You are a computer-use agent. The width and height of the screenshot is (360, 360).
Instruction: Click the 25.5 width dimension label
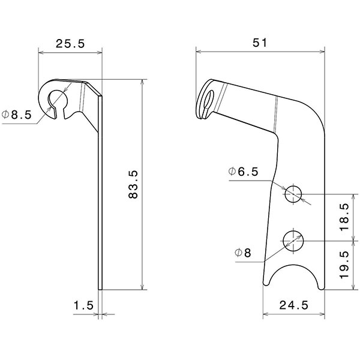tap(70, 43)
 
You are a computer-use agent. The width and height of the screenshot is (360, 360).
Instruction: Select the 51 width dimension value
tap(259, 43)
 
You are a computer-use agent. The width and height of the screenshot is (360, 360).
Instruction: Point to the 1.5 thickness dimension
tap(83, 305)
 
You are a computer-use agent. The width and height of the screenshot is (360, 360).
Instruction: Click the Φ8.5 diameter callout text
tap(16, 115)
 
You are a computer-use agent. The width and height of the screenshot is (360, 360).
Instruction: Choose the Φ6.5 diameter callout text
tap(243, 172)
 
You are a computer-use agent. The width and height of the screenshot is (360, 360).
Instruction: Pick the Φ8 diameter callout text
tap(243, 253)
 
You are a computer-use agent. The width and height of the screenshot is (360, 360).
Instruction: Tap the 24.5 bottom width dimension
tap(294, 305)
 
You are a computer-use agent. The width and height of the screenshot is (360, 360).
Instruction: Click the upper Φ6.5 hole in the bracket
tap(293, 194)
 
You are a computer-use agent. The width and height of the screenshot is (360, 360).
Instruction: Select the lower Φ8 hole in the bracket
tap(293, 241)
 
